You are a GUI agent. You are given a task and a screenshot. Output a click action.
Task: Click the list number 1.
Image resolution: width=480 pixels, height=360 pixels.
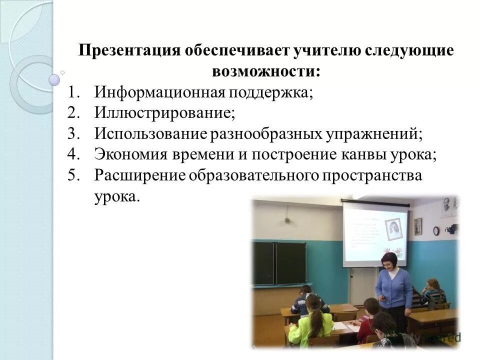click(x=73, y=93)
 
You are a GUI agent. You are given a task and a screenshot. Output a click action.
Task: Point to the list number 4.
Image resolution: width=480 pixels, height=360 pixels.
click(x=73, y=154)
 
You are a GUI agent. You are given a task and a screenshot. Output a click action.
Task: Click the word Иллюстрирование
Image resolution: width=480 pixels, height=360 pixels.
click(x=164, y=113)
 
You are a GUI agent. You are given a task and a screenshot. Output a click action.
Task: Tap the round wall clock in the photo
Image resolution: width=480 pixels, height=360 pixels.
click(x=436, y=230)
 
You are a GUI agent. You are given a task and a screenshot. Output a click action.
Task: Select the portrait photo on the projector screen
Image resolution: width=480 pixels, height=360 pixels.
click(x=394, y=229)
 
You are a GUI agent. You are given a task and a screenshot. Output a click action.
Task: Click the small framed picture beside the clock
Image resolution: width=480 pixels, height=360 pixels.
click(x=418, y=226)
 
